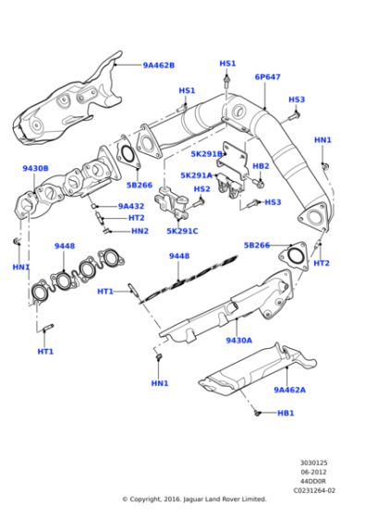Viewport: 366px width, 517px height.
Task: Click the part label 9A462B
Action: coord(158,66)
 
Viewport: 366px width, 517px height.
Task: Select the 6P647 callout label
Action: coord(267,78)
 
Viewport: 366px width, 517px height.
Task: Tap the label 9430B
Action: coord(35,169)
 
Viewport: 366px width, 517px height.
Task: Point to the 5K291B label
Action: coord(207,154)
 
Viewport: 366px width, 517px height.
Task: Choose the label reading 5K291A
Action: coord(196,174)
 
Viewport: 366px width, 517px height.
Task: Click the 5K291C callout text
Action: coord(182,230)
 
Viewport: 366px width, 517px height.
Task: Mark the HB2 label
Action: coord(261,166)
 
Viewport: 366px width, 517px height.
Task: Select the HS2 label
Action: coord(201,189)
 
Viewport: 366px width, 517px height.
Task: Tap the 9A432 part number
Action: coord(130,207)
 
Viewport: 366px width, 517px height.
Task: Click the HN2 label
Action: coord(139,231)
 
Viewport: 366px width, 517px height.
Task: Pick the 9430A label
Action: coord(238,340)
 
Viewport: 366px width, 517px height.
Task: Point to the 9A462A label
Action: coord(289,390)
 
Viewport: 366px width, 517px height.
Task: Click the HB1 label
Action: coord(286,413)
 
